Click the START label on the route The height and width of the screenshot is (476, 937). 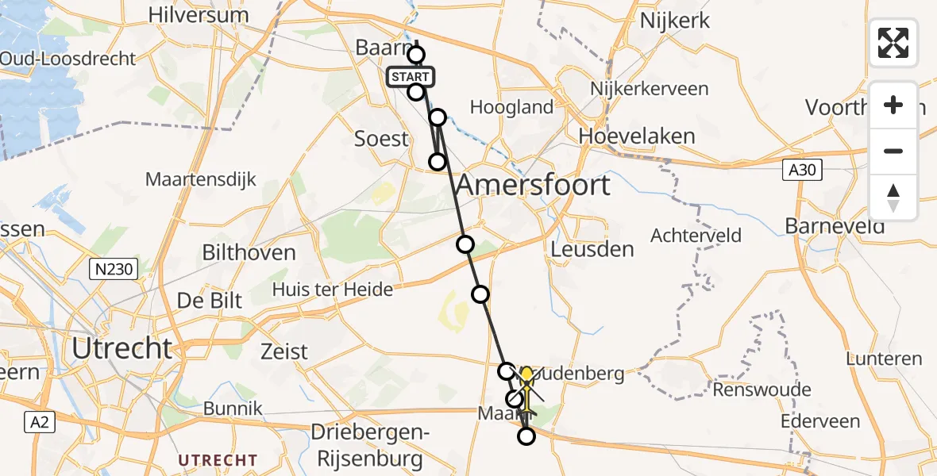[x=410, y=77]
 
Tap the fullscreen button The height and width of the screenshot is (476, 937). [x=893, y=43]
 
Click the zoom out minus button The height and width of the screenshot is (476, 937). [x=893, y=151]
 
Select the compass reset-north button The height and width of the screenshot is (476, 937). [x=893, y=198]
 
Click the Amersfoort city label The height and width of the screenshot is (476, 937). [x=534, y=186]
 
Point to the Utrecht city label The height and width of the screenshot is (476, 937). [x=121, y=348]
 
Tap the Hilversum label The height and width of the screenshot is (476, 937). [x=198, y=15]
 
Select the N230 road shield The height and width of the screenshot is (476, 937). [x=113, y=270]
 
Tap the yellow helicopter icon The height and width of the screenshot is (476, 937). [x=526, y=388]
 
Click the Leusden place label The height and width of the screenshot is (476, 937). [x=592, y=249]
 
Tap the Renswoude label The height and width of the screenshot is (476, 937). [x=762, y=390]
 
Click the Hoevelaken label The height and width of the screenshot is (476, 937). [x=637, y=136]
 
